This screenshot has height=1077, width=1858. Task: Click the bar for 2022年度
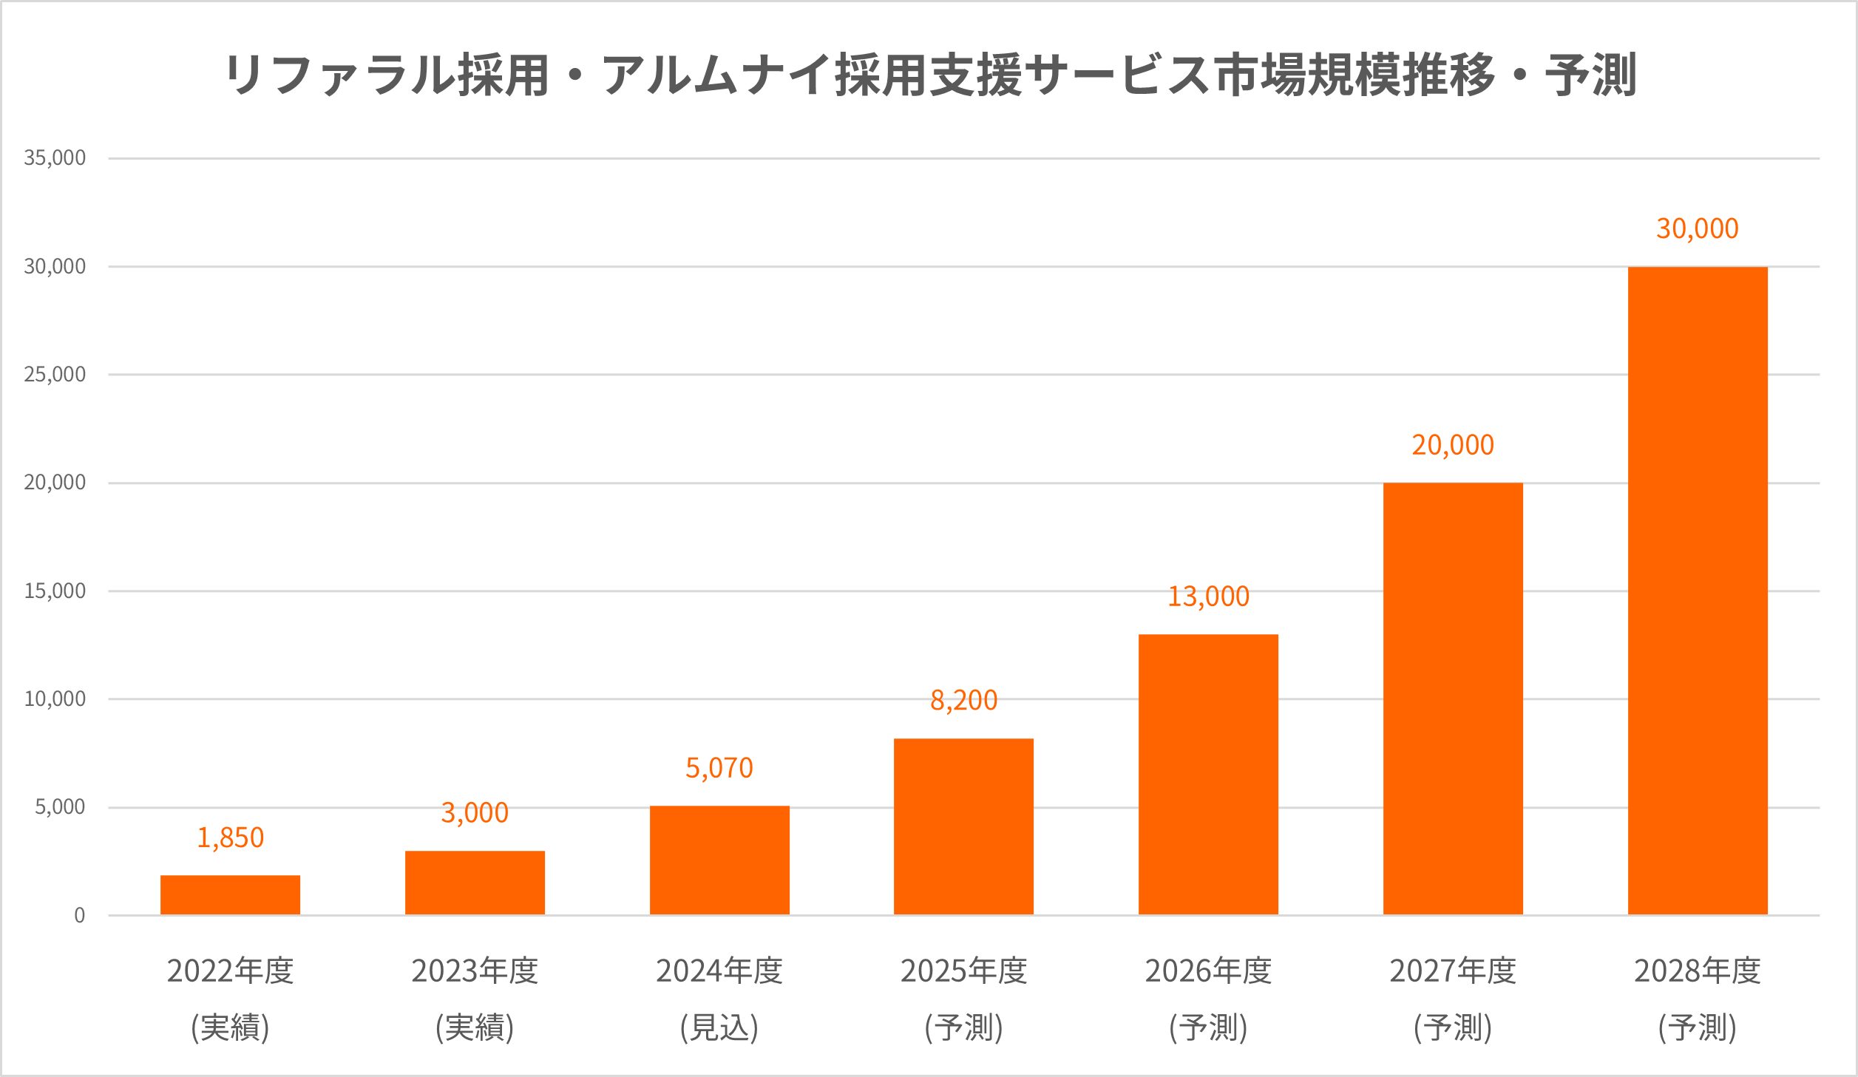230,894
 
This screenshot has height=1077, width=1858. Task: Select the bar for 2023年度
475,883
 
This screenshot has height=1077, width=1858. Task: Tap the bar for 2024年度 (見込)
719,860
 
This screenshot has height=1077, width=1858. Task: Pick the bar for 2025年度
963,826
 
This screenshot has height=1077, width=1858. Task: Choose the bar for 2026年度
1208,774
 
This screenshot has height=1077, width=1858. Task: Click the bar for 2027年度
1453,699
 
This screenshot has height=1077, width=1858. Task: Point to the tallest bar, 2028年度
1698,591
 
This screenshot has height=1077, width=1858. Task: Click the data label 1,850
230,838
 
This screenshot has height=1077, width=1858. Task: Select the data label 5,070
719,768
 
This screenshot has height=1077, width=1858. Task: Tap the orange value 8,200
963,700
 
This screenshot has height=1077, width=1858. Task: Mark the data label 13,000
1208,596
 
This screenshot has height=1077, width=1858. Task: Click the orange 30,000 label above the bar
1698,228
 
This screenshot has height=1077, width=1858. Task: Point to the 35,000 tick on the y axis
55,157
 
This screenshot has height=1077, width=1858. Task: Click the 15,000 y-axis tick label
55,591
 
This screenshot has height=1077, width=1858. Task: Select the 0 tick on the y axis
79,915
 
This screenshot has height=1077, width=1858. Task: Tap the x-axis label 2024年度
719,971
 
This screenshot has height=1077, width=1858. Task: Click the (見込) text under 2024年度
719,1027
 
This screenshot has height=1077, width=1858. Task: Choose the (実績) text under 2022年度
230,1027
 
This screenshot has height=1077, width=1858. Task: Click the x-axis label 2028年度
1698,971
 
